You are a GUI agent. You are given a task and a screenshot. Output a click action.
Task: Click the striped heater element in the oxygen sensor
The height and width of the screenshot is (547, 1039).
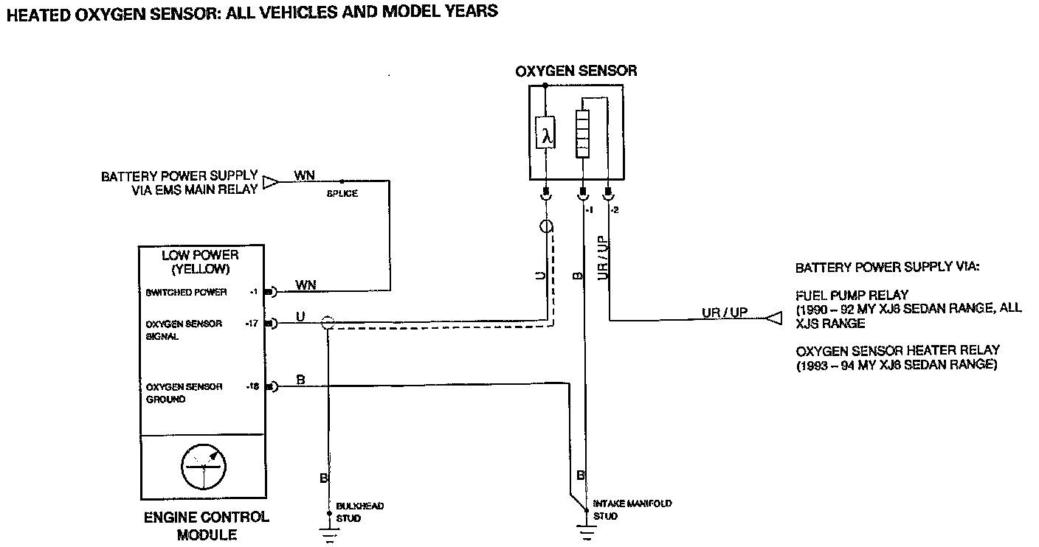[583, 133]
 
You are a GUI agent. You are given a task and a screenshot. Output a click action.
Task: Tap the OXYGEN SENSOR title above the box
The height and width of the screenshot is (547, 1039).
[576, 72]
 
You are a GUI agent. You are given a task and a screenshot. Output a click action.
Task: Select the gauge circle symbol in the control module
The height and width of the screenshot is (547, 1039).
[204, 467]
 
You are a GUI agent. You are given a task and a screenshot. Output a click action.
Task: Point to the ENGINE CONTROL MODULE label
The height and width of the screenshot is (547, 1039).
[207, 526]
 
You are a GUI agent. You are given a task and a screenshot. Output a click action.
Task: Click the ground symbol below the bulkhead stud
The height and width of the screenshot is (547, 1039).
[330, 533]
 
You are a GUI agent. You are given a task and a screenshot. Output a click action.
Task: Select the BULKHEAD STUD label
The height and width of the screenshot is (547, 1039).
[359, 512]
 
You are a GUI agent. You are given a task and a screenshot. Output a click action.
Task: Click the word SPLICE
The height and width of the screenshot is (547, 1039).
[342, 194]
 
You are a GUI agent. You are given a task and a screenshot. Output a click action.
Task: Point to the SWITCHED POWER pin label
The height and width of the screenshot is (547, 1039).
[187, 292]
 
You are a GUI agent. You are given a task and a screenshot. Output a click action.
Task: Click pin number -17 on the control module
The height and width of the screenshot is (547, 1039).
[252, 323]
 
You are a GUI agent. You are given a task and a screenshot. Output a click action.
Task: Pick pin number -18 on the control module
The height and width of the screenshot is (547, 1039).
[252, 386]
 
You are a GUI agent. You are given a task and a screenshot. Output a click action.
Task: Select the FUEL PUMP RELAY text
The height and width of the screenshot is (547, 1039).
[852, 296]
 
